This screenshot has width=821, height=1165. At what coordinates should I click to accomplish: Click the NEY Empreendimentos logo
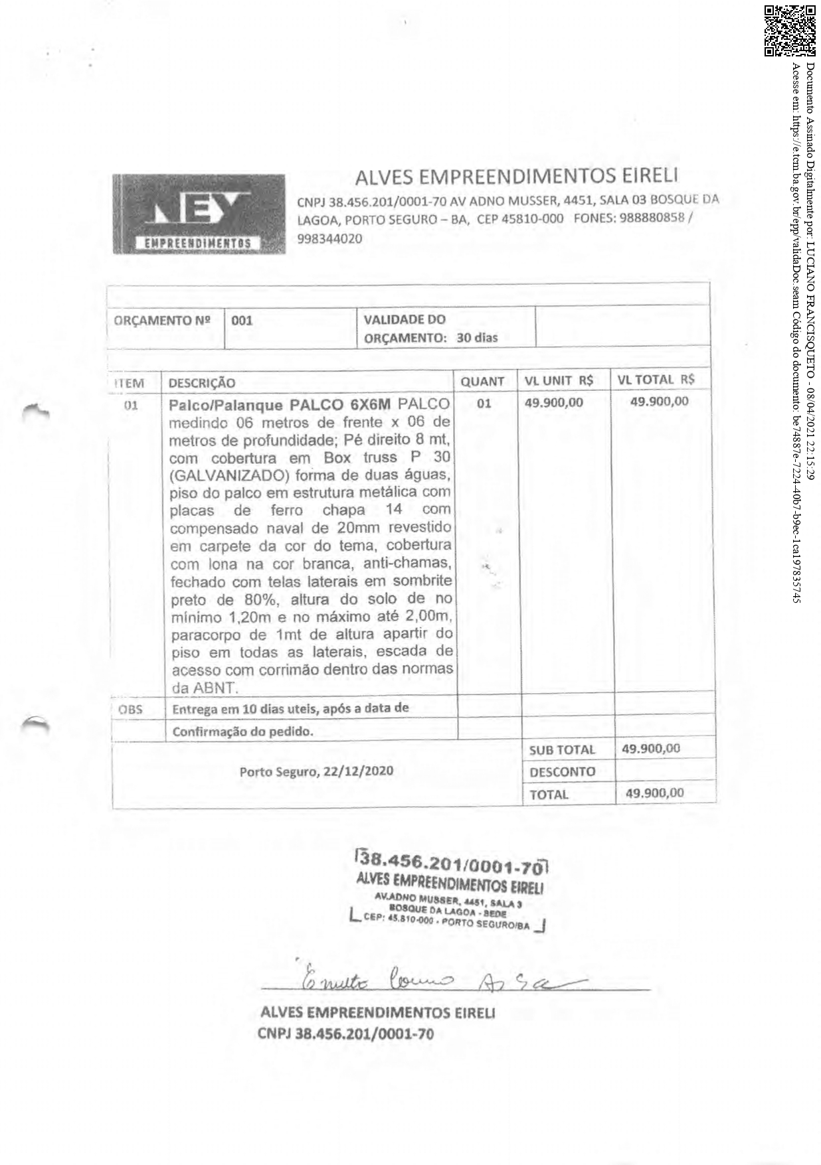click(198, 214)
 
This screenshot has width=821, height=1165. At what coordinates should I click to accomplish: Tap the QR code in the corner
click(789, 31)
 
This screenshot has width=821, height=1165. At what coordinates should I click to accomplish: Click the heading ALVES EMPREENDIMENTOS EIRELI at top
click(516, 177)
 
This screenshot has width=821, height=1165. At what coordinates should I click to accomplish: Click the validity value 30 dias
click(477, 337)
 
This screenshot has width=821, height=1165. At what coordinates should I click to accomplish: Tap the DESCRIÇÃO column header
click(202, 383)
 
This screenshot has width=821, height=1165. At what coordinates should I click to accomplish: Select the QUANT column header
click(482, 382)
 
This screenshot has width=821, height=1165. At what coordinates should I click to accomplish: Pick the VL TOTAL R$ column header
click(656, 380)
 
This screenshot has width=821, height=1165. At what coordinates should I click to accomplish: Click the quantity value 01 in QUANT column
click(484, 403)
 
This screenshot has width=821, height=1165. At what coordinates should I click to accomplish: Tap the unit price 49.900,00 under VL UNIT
click(554, 402)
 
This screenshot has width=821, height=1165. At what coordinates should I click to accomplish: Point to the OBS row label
click(131, 709)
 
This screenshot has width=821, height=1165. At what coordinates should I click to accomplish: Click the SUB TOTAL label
click(562, 750)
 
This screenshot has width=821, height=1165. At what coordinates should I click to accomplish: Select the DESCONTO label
click(562, 772)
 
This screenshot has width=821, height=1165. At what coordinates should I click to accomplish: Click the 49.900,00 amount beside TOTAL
click(654, 793)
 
